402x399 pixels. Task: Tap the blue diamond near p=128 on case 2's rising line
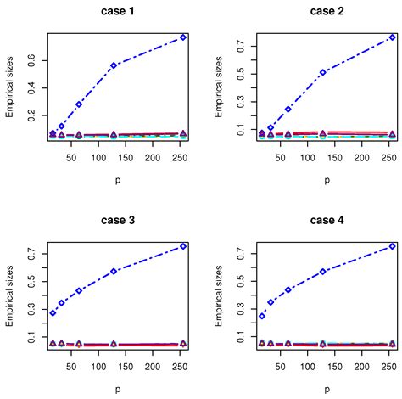323,72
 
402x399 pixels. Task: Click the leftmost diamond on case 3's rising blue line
53,312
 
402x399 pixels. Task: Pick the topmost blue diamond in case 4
392,246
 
